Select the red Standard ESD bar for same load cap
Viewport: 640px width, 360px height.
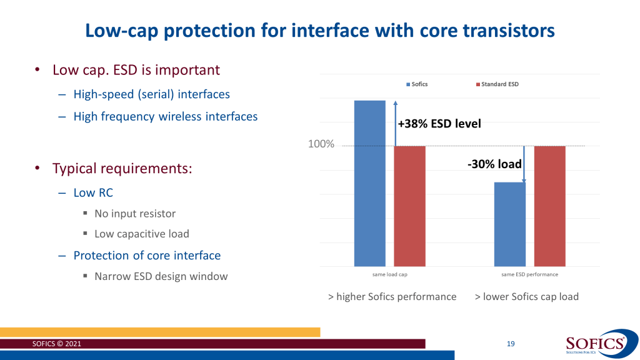click(x=409, y=206)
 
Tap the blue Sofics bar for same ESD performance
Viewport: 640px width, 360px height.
click(x=509, y=224)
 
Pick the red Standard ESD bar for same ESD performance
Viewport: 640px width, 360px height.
click(x=549, y=206)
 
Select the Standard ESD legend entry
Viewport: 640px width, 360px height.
click(x=497, y=84)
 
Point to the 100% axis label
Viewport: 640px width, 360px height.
click(x=321, y=145)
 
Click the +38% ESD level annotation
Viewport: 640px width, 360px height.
click(x=439, y=124)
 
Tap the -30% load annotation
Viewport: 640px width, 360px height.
click(x=494, y=164)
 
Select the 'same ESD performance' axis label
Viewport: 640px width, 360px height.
click(x=529, y=274)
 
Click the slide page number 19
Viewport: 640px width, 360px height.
click(x=511, y=344)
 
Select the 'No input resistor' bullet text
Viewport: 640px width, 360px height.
click(x=135, y=213)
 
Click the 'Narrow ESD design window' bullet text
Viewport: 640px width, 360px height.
click(x=161, y=276)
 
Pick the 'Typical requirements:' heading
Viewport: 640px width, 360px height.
click(x=122, y=169)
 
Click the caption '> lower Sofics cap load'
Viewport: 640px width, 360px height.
click(x=526, y=296)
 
